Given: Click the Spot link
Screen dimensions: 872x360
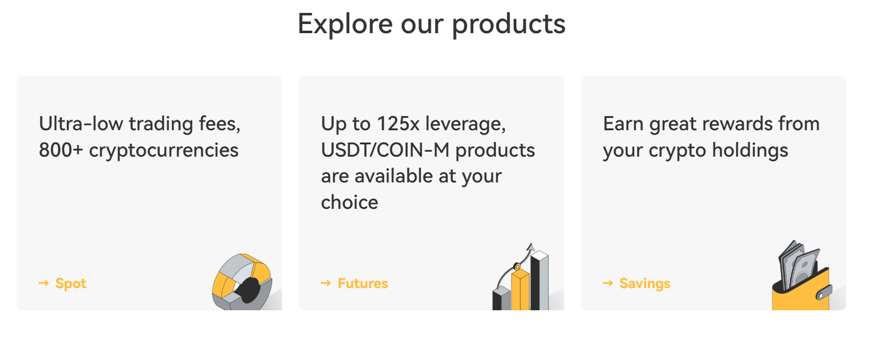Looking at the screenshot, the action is pyautogui.click(x=71, y=283).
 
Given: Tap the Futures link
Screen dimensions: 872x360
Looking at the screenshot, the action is pyautogui.click(x=363, y=283).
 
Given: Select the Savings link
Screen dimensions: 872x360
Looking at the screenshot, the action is pyautogui.click(x=645, y=283).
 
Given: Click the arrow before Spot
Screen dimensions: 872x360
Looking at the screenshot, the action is pyautogui.click(x=44, y=283).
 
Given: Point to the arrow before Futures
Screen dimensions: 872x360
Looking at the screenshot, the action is pyautogui.click(x=326, y=283).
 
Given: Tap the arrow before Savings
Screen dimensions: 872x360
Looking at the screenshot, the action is pyautogui.click(x=608, y=283).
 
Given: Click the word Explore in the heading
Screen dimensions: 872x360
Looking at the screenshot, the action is pyautogui.click(x=345, y=25).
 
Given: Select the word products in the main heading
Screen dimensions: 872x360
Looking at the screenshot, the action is pyautogui.click(x=509, y=25).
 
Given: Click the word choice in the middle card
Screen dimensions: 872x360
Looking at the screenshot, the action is pyautogui.click(x=349, y=202).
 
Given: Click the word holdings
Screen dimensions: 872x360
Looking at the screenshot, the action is pyautogui.click(x=750, y=151).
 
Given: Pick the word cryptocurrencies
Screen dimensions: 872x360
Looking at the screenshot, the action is pyautogui.click(x=163, y=151).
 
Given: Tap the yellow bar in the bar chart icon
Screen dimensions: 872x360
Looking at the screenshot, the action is pyautogui.click(x=520, y=290).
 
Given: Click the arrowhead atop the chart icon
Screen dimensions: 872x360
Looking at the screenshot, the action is pyautogui.click(x=530, y=247).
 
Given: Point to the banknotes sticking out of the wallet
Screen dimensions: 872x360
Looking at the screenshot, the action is pyautogui.click(x=798, y=265).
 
